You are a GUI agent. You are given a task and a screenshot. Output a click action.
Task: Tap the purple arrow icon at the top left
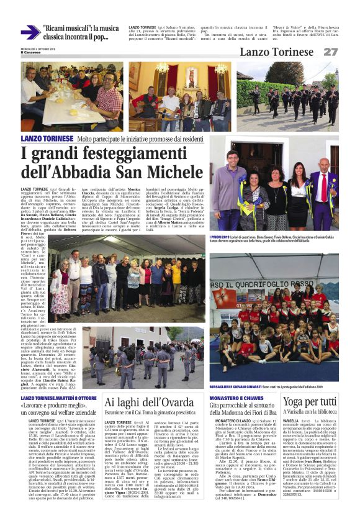30,32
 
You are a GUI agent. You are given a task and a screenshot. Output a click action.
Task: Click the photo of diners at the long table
71,96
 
